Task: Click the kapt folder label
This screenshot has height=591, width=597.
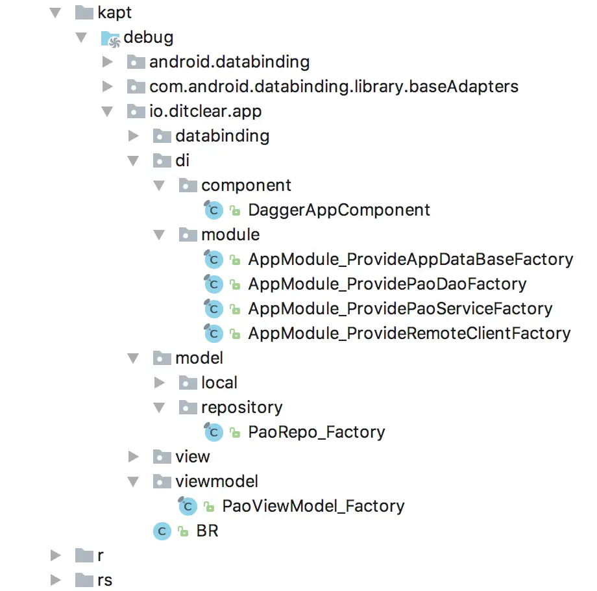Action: pos(115,12)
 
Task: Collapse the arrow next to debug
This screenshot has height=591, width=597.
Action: pos(81,38)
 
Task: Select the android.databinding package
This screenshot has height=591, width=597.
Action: pos(229,62)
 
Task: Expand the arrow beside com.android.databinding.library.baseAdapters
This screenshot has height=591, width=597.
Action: pos(108,86)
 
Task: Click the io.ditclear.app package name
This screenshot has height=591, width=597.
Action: pos(205,111)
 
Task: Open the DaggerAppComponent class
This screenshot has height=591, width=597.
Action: pos(339,210)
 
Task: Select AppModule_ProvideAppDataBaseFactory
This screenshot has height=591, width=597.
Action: pos(410,259)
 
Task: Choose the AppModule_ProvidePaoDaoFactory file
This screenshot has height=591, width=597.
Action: pos(387,284)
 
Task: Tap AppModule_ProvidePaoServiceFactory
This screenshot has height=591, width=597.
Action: pos(400,308)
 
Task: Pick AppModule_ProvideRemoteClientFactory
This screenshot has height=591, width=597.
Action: pos(409,333)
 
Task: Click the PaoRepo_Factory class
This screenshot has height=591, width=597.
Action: pos(316,432)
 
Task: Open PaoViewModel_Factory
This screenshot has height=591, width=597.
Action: pos(313,506)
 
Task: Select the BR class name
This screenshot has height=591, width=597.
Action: pos(207,531)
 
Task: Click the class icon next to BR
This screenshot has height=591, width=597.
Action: pos(162,531)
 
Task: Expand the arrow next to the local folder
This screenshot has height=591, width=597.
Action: pos(160,383)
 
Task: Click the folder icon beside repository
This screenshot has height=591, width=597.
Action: pos(188,408)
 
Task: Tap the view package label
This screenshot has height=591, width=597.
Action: pos(192,457)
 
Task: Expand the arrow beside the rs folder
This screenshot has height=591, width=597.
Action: pos(56,580)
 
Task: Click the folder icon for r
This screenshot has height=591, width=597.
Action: pos(84,556)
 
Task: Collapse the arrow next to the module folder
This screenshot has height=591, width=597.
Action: pos(159,235)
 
